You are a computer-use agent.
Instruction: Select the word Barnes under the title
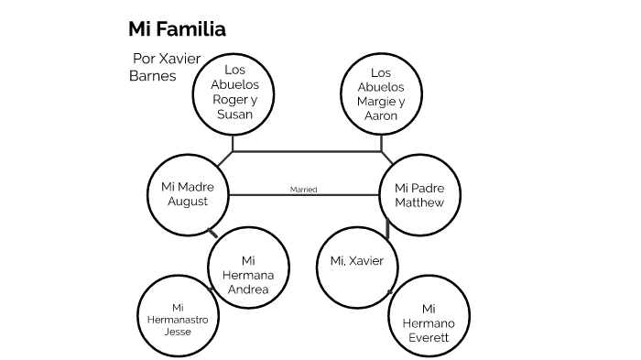point(152,76)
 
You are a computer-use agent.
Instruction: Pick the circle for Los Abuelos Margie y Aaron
point(381,94)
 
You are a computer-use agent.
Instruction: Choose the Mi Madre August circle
point(188,194)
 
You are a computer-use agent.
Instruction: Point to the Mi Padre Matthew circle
point(419,194)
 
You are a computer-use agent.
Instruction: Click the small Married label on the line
point(303,190)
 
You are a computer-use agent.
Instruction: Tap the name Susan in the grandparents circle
point(234,115)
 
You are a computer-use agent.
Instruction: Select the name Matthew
point(419,202)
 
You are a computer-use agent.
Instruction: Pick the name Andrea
point(248,289)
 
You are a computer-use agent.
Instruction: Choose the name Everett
point(429,338)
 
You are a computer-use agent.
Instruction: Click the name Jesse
point(178,332)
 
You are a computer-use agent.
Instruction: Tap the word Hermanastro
point(178,320)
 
